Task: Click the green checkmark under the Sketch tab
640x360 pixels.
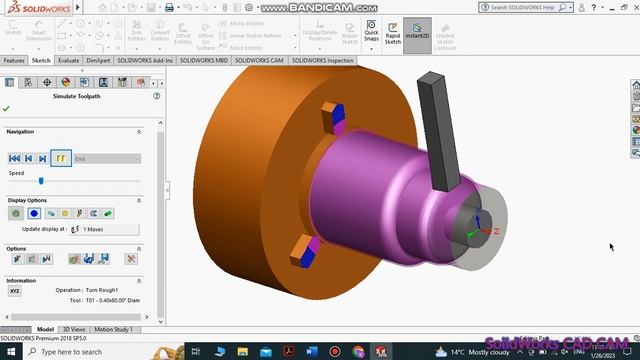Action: (x=7, y=108)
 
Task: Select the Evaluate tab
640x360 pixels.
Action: (x=69, y=60)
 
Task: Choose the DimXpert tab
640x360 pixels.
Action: (x=98, y=60)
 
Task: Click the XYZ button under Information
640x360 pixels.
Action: (x=14, y=291)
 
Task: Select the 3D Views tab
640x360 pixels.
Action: (x=74, y=328)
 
